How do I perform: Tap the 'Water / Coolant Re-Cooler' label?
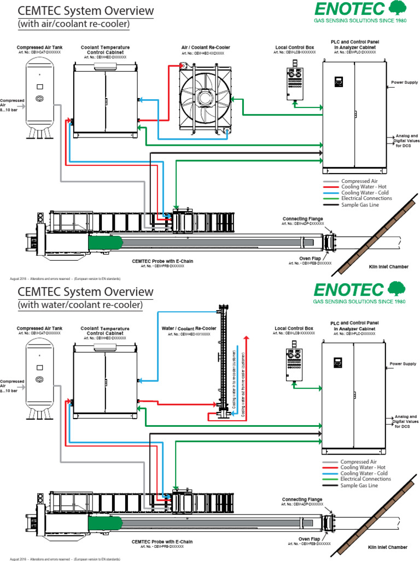click(x=189, y=329)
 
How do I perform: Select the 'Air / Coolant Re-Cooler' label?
click(x=202, y=48)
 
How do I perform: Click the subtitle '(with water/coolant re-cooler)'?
click(x=79, y=304)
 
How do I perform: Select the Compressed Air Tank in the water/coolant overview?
click(x=39, y=376)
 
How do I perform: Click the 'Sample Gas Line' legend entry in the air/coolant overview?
click(x=359, y=204)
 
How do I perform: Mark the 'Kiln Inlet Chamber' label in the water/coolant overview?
click(x=388, y=547)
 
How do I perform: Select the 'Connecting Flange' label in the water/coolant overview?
click(x=302, y=500)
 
